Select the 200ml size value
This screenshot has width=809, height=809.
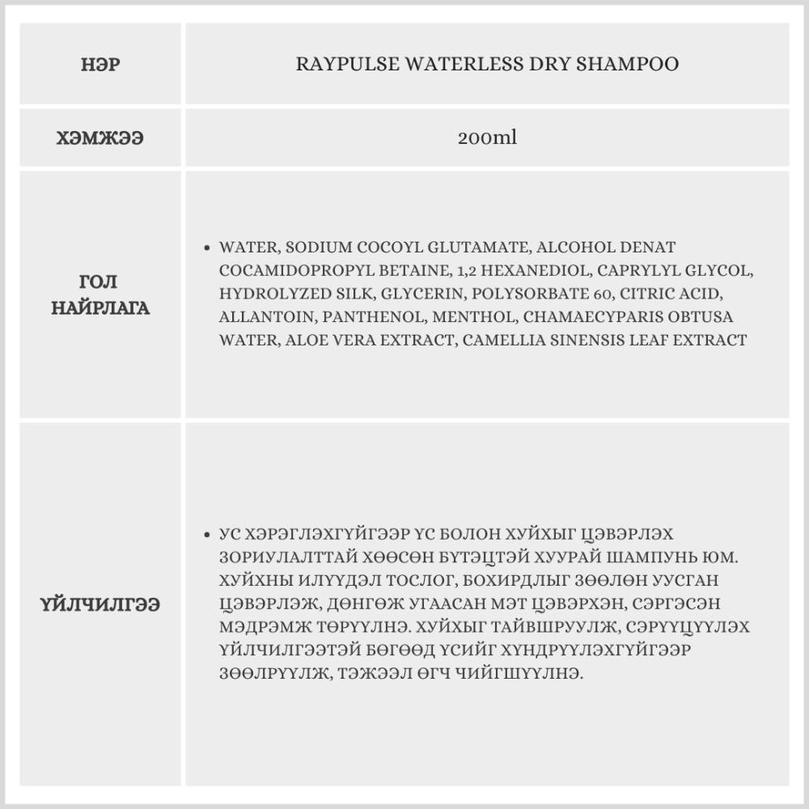point(487,138)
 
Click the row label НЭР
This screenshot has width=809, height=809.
point(101,65)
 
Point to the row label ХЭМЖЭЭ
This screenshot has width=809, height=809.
point(101,138)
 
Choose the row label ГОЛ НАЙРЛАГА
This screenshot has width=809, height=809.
point(101,294)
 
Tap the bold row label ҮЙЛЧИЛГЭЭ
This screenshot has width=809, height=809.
point(101,604)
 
